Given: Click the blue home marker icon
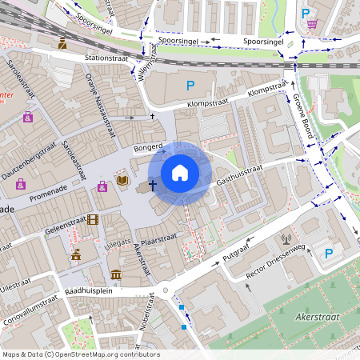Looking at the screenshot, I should pos(179,173).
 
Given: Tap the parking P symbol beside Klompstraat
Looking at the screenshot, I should pos(190,86).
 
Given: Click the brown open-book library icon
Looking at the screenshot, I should pos(122,182).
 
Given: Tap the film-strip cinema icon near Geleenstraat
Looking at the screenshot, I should pos(94,219).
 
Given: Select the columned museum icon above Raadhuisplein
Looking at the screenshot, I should pos(116,275).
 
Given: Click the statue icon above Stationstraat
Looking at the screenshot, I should pos(62,43).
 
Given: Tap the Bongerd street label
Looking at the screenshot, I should pos(148,147).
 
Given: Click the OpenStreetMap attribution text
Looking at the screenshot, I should pos(81,354).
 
